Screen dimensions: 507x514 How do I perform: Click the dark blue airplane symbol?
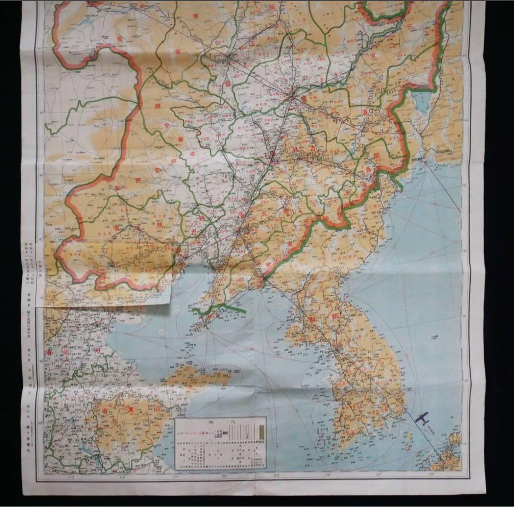click(422, 418)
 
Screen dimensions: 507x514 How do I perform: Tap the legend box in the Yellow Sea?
click(220, 442)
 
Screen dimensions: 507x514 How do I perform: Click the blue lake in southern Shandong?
click(89, 448)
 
